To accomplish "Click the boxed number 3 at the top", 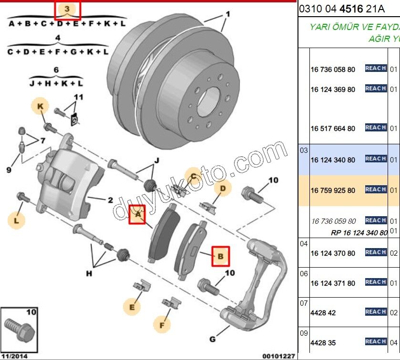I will point(67,9).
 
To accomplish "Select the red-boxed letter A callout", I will point(138,215).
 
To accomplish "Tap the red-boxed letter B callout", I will point(220,256).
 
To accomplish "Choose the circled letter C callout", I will point(194,177).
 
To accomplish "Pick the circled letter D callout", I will point(222,189).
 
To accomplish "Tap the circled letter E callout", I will point(132,307).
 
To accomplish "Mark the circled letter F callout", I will point(162,325).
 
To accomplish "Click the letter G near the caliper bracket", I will point(213,340).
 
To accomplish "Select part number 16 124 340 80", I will point(333,160).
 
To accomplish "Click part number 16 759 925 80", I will point(333,190).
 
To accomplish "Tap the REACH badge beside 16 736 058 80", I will point(376,69).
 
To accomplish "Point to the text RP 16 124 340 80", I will point(359,233).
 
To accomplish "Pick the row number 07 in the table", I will point(304,303).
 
